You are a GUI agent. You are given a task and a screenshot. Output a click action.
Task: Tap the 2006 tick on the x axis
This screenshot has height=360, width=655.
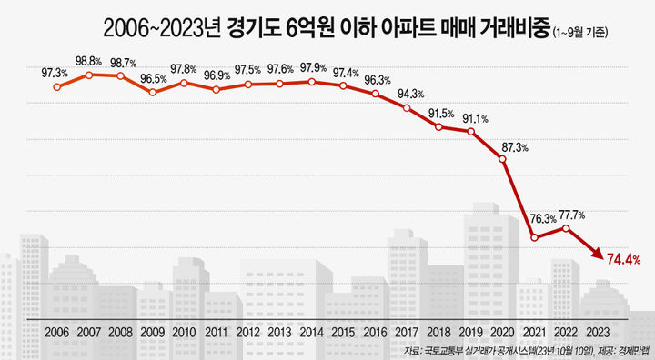[56, 333]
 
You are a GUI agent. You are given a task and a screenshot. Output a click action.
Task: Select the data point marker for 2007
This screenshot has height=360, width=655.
[88, 75]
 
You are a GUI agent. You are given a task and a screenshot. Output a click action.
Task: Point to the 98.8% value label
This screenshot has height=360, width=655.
[88, 60]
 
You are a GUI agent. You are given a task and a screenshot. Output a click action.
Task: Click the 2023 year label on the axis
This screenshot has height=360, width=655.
[598, 333]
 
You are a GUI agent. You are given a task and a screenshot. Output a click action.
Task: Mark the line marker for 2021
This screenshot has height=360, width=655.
[535, 238]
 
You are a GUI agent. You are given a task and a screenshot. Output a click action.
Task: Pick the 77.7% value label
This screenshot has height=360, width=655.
[569, 215]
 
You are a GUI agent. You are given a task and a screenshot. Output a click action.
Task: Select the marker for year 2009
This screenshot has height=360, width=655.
[152, 92]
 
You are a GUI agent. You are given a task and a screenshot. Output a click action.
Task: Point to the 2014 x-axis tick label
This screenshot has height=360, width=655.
[311, 333]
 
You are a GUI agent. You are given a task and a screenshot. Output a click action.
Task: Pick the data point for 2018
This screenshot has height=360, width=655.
[438, 127]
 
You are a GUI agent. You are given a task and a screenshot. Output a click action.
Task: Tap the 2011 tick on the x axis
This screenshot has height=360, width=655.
[216, 333]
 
